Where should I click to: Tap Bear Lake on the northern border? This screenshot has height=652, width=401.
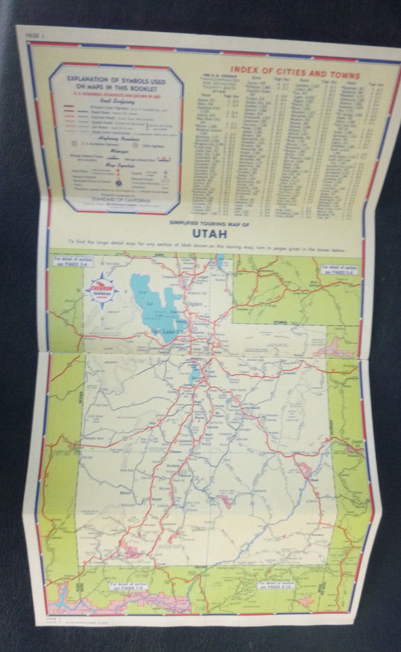(x=221, y=260)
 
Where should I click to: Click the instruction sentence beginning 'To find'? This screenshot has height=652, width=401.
(x=202, y=242)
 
